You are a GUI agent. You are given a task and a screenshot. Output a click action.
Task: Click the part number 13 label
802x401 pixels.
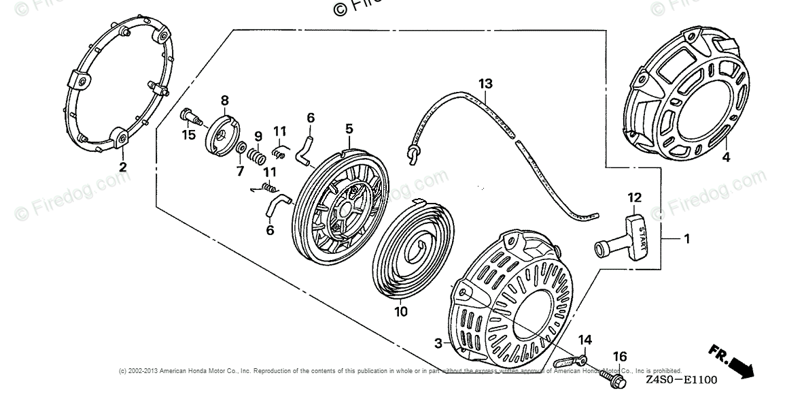pyautogui.click(x=485, y=84)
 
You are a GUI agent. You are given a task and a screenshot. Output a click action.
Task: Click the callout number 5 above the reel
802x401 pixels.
pyautogui.click(x=349, y=128)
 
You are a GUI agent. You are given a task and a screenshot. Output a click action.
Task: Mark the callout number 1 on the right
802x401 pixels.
pyautogui.click(x=686, y=238)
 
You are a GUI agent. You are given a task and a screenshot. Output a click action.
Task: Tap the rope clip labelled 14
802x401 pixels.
pyautogui.click(x=570, y=358)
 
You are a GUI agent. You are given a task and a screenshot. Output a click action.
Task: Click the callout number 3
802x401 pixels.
pyautogui.click(x=438, y=342)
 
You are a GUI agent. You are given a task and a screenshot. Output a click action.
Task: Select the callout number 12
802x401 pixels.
pyautogui.click(x=634, y=197)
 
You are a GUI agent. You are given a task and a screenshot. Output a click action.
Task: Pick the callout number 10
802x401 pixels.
pyautogui.click(x=401, y=312)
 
